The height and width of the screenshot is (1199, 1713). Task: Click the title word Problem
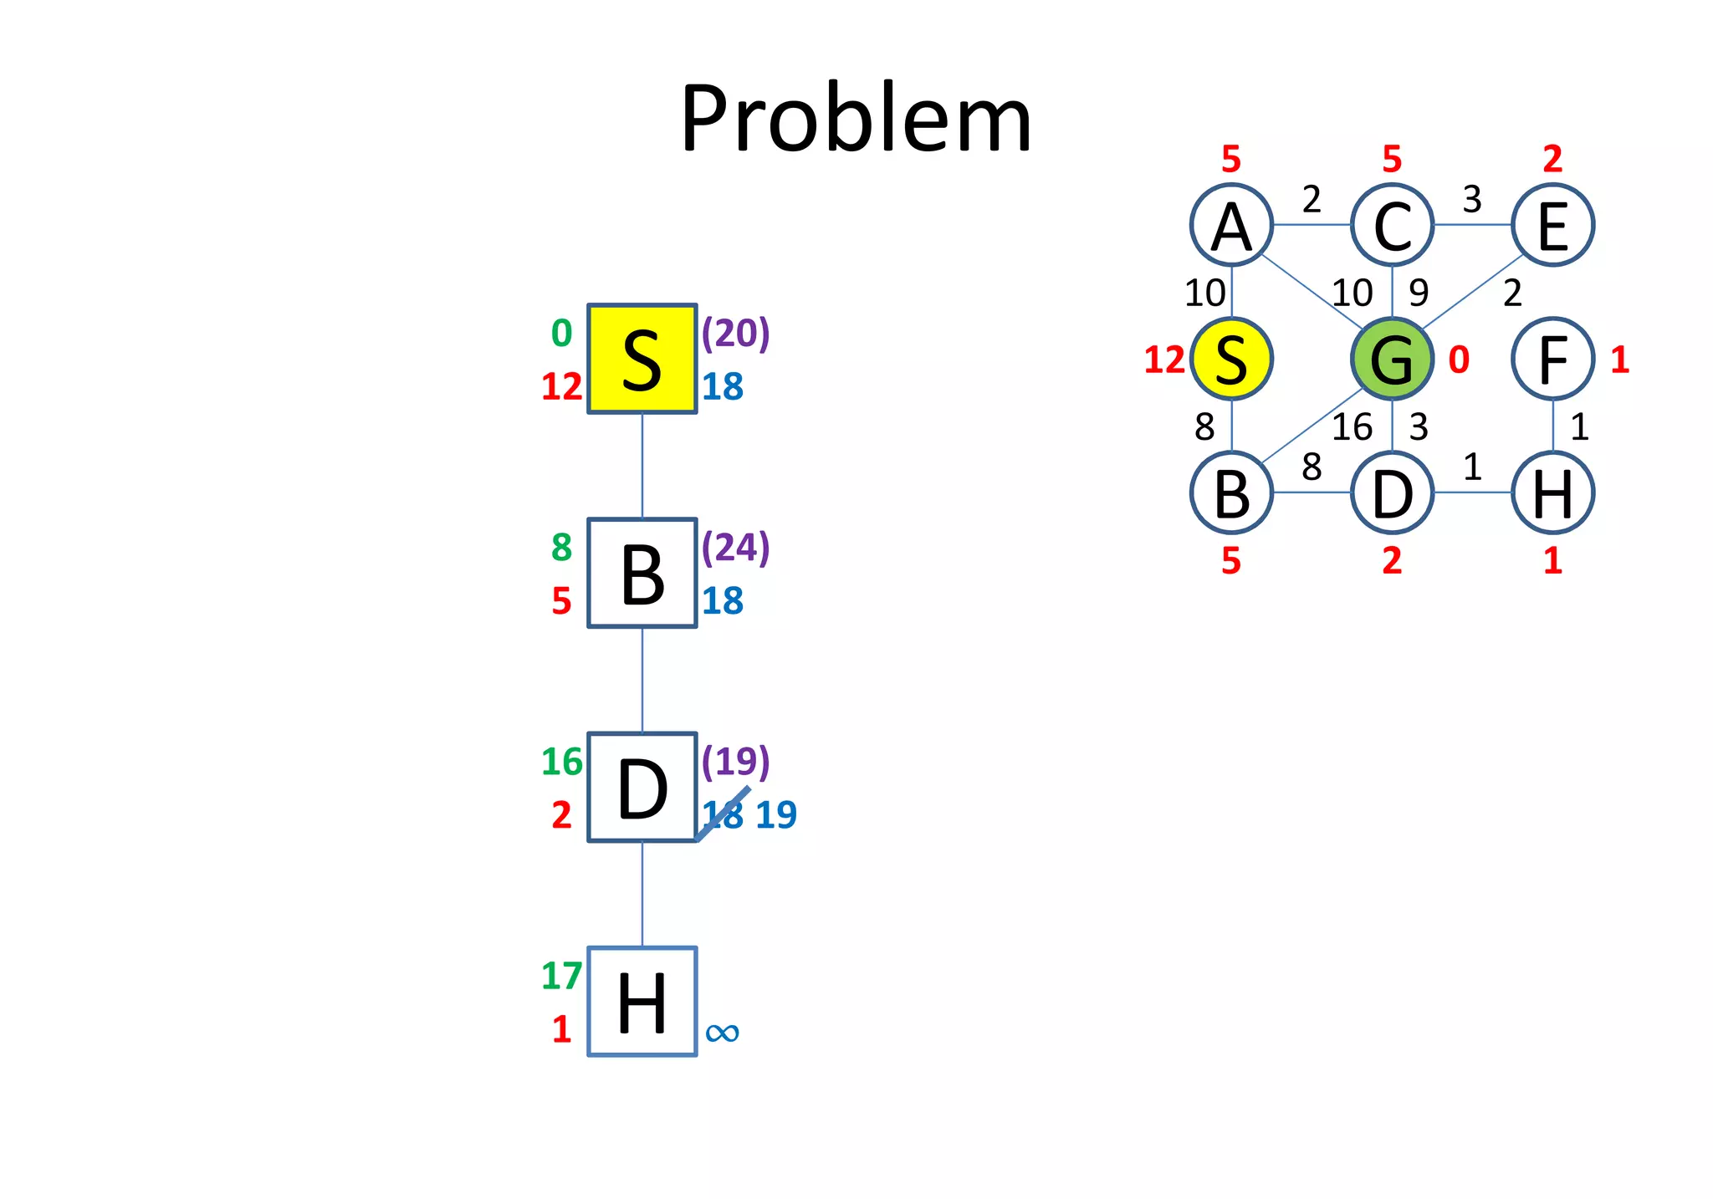[856, 119]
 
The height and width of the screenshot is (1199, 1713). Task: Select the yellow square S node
[642, 359]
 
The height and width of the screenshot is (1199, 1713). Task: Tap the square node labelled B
[642, 573]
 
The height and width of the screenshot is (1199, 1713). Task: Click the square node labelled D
[642, 788]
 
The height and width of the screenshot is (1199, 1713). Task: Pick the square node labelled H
[642, 1002]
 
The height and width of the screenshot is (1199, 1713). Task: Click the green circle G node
[1392, 359]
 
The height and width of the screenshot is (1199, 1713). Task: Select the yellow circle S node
[1231, 359]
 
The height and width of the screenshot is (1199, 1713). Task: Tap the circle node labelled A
[1231, 225]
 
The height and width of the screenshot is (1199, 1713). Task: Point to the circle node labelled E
[1552, 225]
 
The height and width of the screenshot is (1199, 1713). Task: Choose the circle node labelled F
[1552, 359]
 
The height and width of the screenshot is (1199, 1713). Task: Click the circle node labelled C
[1392, 225]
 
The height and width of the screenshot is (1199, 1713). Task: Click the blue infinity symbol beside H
[722, 1033]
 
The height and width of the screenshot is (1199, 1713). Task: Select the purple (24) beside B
[735, 547]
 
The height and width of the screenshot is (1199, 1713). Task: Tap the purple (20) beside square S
[735, 333]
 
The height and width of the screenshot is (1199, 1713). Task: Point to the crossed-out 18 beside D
[723, 814]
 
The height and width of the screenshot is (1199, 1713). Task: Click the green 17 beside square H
[561, 976]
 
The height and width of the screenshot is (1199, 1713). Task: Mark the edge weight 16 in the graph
[1352, 427]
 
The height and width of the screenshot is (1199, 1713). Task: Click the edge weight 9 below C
[1419, 293]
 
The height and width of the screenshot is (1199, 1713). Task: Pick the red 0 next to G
[1459, 360]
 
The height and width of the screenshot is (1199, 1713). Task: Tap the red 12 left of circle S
[1164, 360]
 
